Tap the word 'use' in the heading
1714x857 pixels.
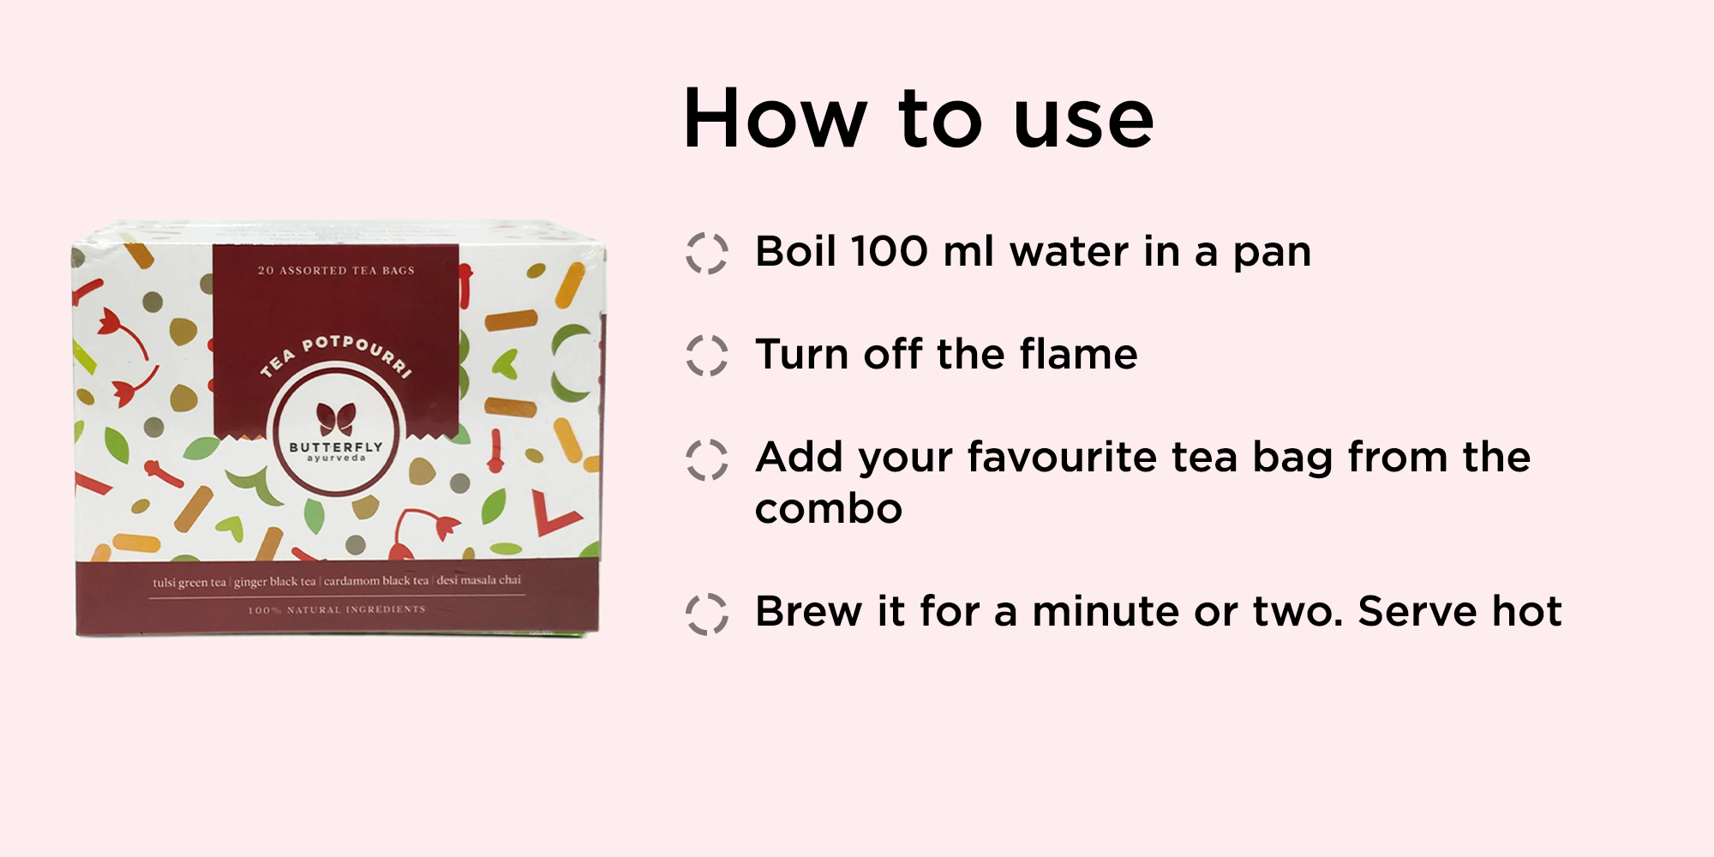click(x=1083, y=125)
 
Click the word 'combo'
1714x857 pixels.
click(x=829, y=509)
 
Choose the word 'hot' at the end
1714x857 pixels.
click(x=1527, y=612)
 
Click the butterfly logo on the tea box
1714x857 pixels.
click(x=336, y=419)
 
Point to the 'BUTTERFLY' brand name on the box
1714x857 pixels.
click(x=336, y=446)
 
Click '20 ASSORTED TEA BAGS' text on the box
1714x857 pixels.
click(x=336, y=271)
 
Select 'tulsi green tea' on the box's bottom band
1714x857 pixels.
click(x=189, y=583)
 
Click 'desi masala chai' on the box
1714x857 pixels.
click(x=479, y=580)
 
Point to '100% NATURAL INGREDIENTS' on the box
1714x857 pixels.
click(x=337, y=609)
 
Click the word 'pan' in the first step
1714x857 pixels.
click(x=1272, y=255)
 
